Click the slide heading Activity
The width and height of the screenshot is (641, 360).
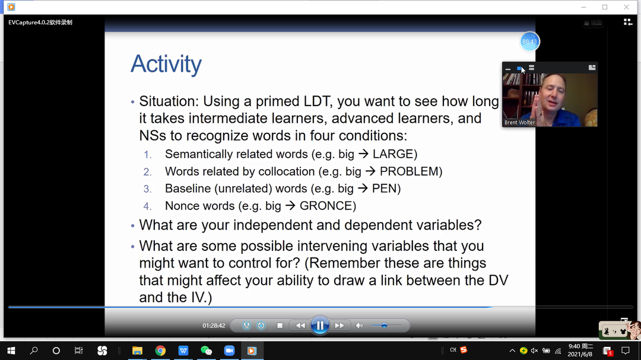tap(166, 64)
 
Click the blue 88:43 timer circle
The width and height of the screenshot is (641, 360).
tap(529, 42)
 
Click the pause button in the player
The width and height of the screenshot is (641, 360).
tap(320, 326)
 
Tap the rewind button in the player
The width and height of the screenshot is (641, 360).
tap(300, 326)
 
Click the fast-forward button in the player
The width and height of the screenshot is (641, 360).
tap(339, 326)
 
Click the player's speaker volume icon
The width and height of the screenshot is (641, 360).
tap(359, 326)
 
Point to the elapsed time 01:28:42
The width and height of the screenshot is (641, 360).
tap(214, 326)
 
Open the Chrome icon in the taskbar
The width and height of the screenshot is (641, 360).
tap(160, 351)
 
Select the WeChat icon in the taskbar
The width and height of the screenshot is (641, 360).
tap(207, 351)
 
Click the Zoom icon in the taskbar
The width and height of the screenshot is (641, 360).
tap(229, 351)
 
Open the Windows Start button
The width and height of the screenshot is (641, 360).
tap(11, 351)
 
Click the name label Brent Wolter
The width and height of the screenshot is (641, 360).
tap(519, 123)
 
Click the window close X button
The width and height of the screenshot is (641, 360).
tap(626, 7)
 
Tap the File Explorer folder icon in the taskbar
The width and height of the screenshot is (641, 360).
tap(137, 351)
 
